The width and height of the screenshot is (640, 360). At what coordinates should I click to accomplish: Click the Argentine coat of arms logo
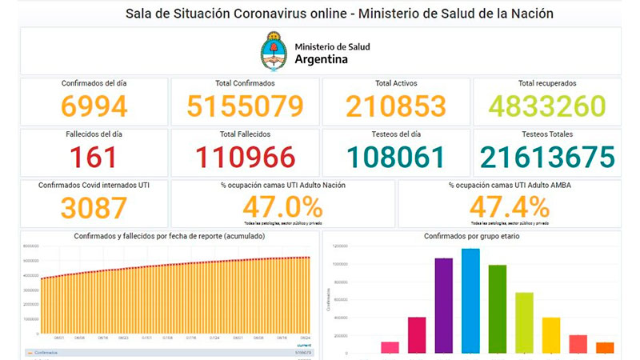click(274, 51)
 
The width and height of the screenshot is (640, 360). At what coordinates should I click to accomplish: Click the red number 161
click(94, 158)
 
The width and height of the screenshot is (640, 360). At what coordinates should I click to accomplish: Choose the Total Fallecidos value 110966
click(246, 158)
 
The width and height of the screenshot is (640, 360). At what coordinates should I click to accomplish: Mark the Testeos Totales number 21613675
click(547, 158)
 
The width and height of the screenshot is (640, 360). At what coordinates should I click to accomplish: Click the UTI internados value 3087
click(94, 208)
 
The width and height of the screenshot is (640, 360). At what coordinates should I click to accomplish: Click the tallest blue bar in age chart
click(470, 300)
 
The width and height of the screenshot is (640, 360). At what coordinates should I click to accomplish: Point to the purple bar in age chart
click(443, 305)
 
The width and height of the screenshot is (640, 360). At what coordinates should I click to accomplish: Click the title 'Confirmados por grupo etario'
click(471, 237)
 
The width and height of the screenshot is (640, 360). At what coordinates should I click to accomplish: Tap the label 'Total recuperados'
click(547, 83)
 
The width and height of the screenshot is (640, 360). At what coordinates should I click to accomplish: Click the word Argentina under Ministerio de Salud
click(321, 59)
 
